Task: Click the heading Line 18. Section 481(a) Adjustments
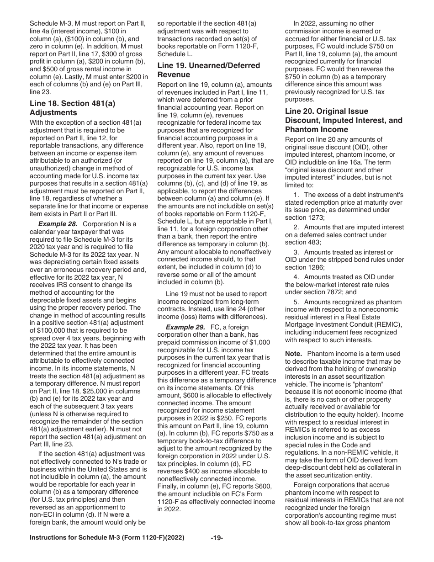[x=72, y=108]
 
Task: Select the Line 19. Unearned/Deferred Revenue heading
[x=208, y=70]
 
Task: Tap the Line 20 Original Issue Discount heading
[x=344, y=121]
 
